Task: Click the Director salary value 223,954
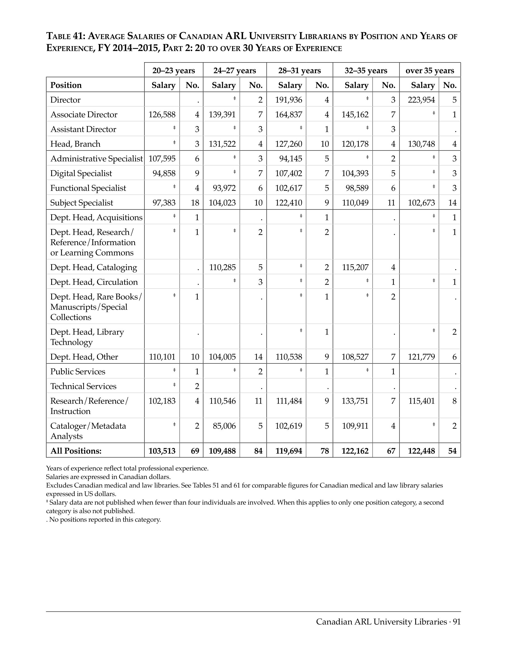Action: pyautogui.click(x=421, y=100)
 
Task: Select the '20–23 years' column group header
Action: pyautogui.click(x=173, y=71)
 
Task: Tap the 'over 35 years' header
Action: pyautogui.click(x=430, y=71)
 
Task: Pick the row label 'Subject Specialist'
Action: pyautogui.click(x=82, y=203)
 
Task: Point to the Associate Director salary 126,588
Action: pyautogui.click(x=162, y=115)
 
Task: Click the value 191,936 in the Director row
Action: pyautogui.click(x=289, y=100)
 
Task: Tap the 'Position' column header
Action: pyautogui.click(x=66, y=85)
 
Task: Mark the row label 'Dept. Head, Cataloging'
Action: pyautogui.click(x=93, y=267)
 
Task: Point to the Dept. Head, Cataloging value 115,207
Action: pyautogui.click(x=355, y=267)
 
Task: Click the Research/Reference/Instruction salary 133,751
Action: pyautogui.click(x=355, y=401)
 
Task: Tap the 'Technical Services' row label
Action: pyautogui.click(x=83, y=386)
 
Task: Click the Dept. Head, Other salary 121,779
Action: pyautogui.click(x=421, y=357)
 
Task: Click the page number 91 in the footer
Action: pyautogui.click(x=457, y=622)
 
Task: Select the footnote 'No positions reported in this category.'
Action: pyautogui.click(x=105, y=520)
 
